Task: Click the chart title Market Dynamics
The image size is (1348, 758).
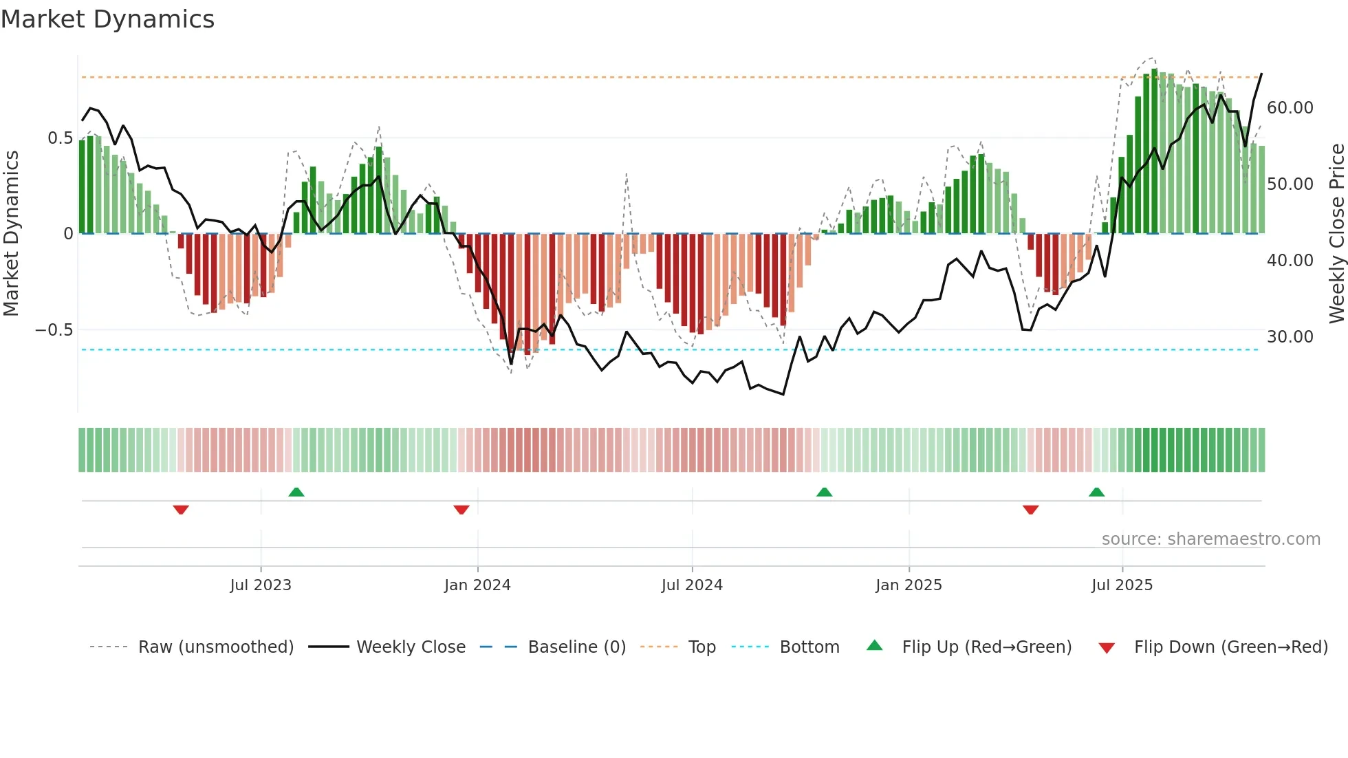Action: coord(107,19)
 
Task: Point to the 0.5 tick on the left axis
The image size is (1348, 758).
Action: coord(60,138)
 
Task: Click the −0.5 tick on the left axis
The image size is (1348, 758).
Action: coord(54,330)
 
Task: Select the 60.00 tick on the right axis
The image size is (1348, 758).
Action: coord(1290,108)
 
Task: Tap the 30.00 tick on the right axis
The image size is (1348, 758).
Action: coord(1290,337)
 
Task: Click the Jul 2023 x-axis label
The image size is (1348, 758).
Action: coord(261,585)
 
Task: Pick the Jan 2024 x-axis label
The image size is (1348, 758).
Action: coord(477,585)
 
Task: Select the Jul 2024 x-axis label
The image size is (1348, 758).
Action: coord(692,585)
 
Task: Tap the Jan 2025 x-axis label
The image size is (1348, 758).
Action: coord(909,585)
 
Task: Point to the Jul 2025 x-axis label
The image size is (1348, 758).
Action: coord(1122,585)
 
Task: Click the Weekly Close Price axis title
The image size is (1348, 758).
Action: coord(1336,233)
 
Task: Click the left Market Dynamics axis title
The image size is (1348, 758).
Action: coord(11,233)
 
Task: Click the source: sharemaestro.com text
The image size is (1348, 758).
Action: coord(1210,539)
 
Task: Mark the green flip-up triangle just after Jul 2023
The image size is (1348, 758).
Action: coord(296,492)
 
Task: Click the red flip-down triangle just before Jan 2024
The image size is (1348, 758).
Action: coord(461,510)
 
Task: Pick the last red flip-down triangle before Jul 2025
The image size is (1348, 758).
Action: coord(1030,510)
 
